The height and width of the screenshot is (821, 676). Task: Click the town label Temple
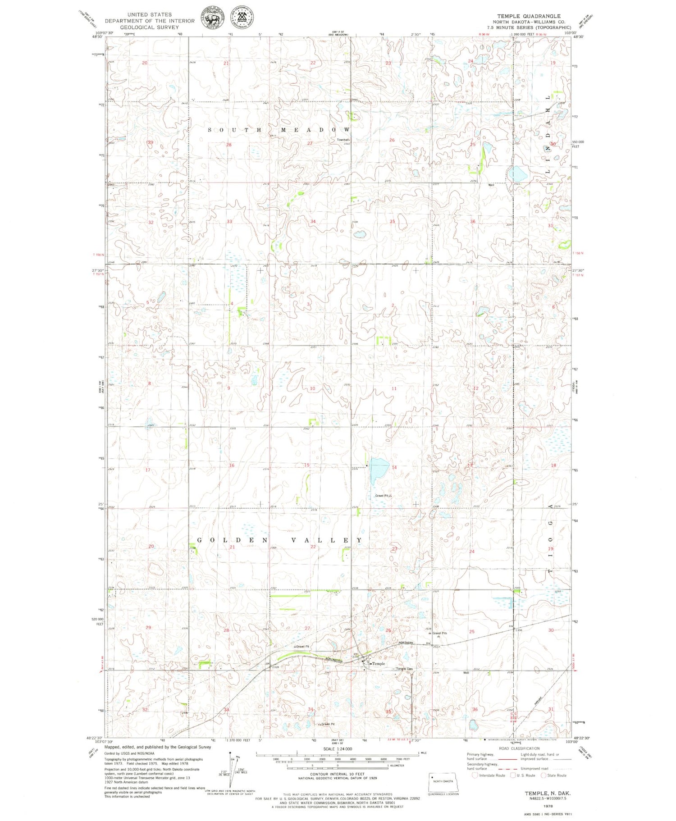[x=379, y=664]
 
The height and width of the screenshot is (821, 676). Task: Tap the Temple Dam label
[x=404, y=669]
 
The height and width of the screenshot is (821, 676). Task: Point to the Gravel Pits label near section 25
[x=439, y=633]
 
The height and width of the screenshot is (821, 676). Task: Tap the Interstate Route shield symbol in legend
[x=475, y=775]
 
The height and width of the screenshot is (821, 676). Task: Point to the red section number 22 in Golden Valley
[x=313, y=547]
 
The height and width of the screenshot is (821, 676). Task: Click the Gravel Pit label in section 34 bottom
[x=328, y=724]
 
